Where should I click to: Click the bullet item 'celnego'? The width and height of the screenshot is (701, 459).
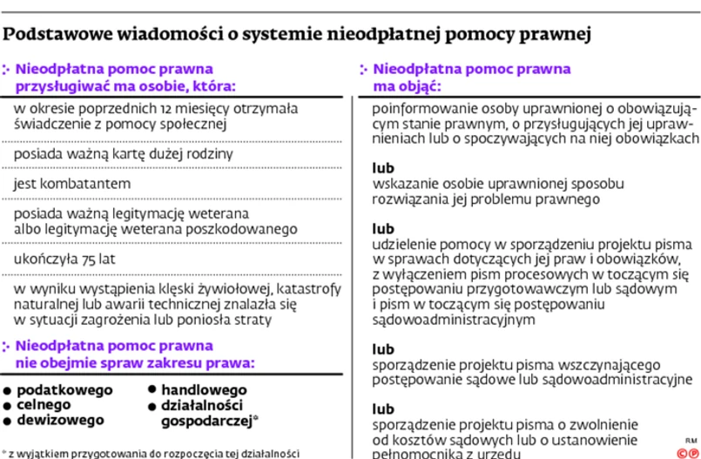pyautogui.click(x=45, y=405)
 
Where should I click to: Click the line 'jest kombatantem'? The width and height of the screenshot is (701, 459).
pyautogui.click(x=72, y=185)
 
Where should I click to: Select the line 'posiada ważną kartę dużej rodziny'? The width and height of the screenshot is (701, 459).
pyautogui.click(x=124, y=154)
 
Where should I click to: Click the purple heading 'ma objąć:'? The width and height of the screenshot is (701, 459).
pyautogui.click(x=407, y=86)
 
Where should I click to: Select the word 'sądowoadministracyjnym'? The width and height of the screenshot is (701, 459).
pyautogui.click(x=453, y=319)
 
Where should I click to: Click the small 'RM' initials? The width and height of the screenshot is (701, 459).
pyautogui.click(x=691, y=440)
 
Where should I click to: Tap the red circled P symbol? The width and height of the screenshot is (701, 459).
pyautogui.click(x=693, y=452)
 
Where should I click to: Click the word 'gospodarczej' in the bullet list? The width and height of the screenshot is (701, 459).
pyautogui.click(x=206, y=421)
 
